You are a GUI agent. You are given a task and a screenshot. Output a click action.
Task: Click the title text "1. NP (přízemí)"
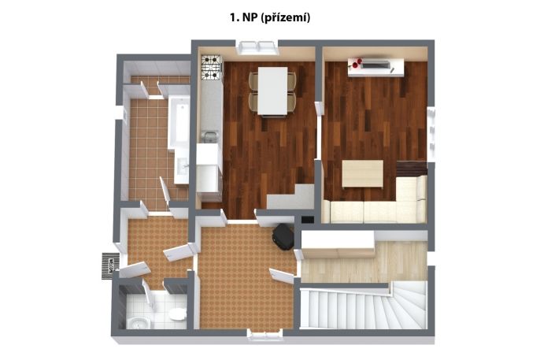(270, 17)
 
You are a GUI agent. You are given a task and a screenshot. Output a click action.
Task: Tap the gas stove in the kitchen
(211, 68)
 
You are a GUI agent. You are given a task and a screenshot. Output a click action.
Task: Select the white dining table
(272, 91)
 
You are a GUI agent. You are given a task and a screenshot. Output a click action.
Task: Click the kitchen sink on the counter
(209, 136)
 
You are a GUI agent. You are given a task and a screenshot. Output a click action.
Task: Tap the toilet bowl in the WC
(177, 314)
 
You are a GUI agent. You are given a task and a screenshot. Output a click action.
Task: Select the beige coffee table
(363, 173)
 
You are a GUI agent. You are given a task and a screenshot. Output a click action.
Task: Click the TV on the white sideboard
(376, 65)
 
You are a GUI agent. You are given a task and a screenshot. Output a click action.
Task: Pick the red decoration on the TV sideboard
(356, 62)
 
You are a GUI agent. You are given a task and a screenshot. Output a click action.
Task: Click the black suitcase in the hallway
(283, 236)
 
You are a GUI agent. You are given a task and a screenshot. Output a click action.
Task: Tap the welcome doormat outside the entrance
(111, 266)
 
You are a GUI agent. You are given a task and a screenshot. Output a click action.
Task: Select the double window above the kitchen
(258, 47)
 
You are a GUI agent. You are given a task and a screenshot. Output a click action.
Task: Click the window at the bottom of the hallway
(264, 335)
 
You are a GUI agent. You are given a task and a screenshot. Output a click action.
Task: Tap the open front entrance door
(133, 270)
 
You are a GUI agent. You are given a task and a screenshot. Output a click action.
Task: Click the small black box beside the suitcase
(308, 220)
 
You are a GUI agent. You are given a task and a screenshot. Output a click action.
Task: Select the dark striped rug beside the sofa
(412, 169)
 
